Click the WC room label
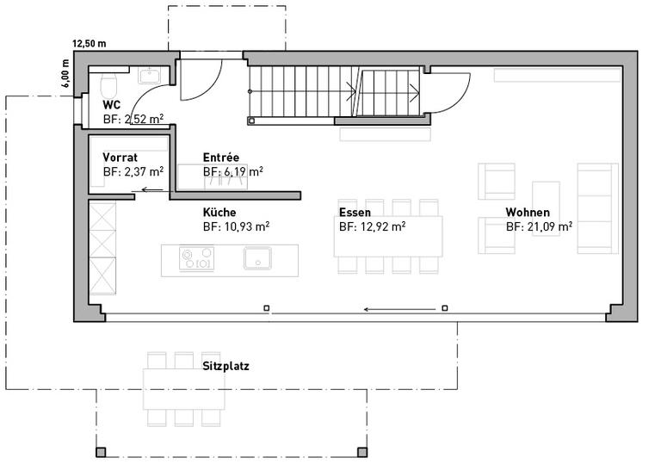tap(112, 105)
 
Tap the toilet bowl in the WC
tap(108, 84)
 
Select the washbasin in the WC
tap(149, 76)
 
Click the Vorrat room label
tap(120, 158)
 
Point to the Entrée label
tap(221, 157)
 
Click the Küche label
tap(219, 212)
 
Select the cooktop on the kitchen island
tap(196, 258)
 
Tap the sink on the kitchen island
tap(257, 258)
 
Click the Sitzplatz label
tap(225, 366)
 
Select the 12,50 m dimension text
tap(90, 43)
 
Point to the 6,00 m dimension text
tap(65, 73)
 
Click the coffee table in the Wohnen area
tap(546, 208)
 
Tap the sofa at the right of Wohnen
tap(598, 208)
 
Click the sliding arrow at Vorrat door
tap(152, 189)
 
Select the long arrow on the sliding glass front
tap(399, 310)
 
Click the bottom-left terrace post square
tap(101, 452)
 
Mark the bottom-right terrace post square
tap(362, 452)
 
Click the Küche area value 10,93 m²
tap(236, 226)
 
